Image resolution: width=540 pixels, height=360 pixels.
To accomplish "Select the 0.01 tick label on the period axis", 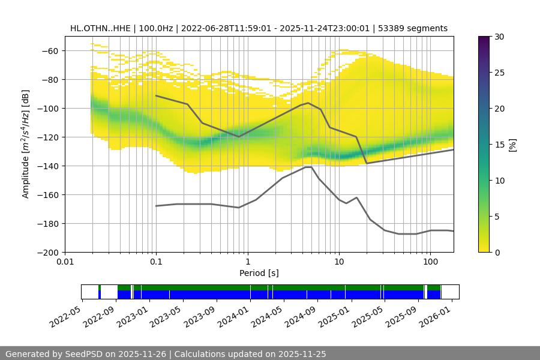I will click(65, 262).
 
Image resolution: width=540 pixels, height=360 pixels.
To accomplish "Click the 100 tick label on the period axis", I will click(430, 262).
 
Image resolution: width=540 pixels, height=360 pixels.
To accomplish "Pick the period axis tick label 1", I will click(247, 262).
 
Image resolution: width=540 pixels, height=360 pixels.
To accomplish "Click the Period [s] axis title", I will click(259, 273).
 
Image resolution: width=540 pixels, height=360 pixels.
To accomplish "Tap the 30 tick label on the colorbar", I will click(499, 37).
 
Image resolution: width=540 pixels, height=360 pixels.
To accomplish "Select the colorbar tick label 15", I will click(499, 145).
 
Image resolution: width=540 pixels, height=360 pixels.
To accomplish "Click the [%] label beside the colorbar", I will click(512, 145).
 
